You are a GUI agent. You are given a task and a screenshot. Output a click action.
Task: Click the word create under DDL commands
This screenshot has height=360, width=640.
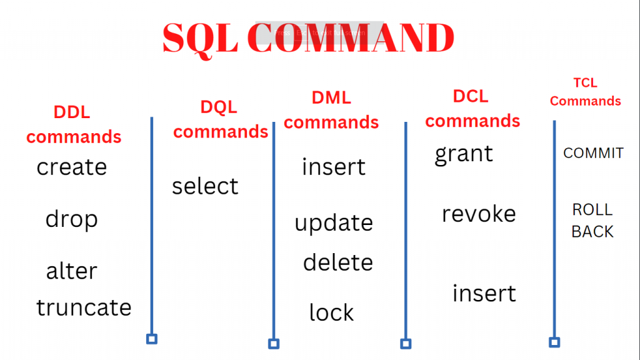(x=72, y=167)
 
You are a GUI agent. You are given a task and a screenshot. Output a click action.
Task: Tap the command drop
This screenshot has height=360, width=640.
(x=72, y=219)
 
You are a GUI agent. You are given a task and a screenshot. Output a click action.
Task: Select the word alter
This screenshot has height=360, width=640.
(x=72, y=271)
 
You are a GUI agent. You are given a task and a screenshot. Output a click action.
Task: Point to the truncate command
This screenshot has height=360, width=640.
(x=84, y=307)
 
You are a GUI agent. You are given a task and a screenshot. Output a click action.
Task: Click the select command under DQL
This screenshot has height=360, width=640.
(x=205, y=186)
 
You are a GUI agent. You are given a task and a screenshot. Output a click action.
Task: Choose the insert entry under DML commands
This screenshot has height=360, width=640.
(x=334, y=167)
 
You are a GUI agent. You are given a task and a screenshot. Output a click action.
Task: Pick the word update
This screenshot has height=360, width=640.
(x=334, y=223)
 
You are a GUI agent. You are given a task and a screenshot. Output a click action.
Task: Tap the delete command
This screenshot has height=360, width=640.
(x=337, y=262)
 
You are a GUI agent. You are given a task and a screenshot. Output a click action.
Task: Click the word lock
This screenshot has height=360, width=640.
(x=331, y=312)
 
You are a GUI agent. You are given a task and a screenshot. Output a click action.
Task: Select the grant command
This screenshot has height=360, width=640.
(x=464, y=154)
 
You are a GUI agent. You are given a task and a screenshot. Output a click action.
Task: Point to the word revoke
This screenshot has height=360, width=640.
(x=479, y=214)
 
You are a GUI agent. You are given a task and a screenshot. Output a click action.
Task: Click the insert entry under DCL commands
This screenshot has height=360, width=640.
(x=484, y=293)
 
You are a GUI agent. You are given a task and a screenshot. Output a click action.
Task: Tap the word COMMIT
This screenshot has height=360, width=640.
(x=593, y=153)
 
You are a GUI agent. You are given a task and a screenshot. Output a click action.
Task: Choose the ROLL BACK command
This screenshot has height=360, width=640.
(x=592, y=221)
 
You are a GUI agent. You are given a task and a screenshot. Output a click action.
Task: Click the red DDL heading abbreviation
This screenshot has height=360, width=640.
(x=72, y=112)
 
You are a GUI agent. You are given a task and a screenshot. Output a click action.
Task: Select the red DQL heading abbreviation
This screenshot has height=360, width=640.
(x=219, y=107)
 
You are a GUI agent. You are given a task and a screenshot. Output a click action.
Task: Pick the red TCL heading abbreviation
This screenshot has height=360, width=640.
(x=585, y=82)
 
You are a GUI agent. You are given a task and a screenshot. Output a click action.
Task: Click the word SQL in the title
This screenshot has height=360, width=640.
(x=199, y=39)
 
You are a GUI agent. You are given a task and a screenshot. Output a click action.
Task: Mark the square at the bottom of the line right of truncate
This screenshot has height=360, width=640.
(x=151, y=339)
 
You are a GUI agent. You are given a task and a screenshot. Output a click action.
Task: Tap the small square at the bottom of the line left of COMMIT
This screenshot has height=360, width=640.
(x=554, y=342)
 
